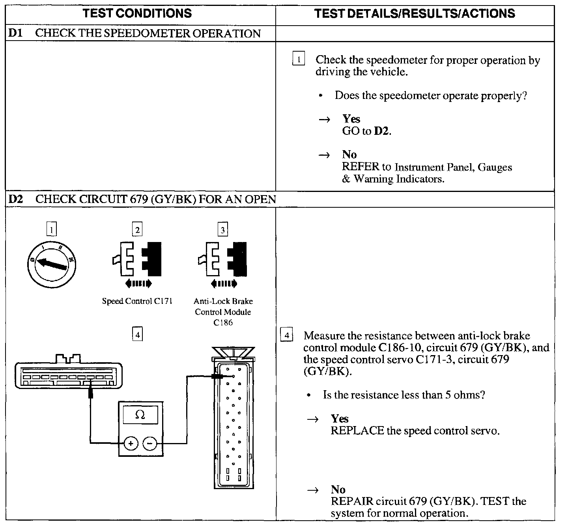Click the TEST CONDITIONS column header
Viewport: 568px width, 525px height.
click(x=137, y=13)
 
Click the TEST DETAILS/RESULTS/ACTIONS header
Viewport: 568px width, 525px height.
click(x=415, y=14)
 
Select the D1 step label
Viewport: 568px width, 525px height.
click(x=15, y=33)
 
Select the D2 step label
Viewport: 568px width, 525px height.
click(x=15, y=199)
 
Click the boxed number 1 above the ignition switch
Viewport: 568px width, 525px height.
click(x=52, y=229)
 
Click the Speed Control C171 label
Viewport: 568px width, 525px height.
click(x=137, y=302)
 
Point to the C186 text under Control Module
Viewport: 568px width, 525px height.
click(x=223, y=322)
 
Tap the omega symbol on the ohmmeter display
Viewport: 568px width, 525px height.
click(x=140, y=414)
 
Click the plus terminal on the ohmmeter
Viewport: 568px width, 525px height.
click(x=131, y=444)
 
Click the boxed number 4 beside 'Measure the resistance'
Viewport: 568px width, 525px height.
click(x=287, y=335)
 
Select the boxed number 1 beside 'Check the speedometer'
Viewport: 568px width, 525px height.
click(x=299, y=60)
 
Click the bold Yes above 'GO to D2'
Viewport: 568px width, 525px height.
click(x=351, y=119)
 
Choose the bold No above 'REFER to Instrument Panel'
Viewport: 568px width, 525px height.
click(x=349, y=155)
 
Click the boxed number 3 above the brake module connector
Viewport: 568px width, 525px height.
click(x=223, y=229)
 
